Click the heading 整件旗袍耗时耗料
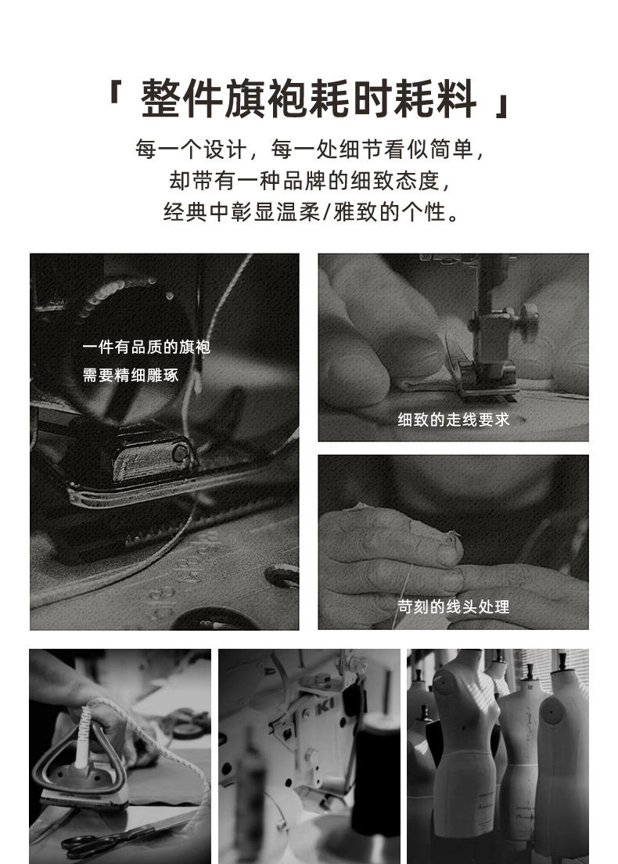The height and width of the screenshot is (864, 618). (308, 99)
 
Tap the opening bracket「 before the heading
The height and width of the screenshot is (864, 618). (114, 92)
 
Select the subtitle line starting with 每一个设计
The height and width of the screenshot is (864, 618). (310, 149)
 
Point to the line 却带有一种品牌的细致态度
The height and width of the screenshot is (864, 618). (310, 180)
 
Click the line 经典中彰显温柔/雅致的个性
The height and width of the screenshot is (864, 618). (310, 211)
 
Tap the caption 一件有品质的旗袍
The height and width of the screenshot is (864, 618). (146, 347)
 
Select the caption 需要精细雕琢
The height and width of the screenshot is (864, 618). (131, 375)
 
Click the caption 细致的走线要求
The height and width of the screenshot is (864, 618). (454, 420)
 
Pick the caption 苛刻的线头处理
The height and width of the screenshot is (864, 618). (454, 607)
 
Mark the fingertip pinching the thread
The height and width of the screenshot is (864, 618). (453, 545)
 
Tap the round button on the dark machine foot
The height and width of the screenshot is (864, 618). (180, 453)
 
